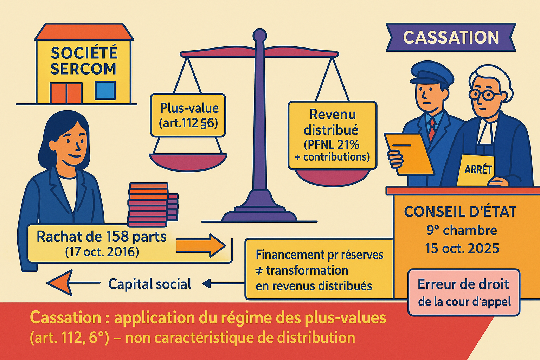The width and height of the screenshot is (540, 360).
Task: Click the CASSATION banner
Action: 451,37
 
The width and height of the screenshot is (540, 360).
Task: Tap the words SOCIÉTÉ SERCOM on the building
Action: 83,61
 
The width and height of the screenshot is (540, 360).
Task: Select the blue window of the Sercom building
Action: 105,90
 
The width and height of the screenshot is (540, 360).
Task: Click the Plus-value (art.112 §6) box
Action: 188,115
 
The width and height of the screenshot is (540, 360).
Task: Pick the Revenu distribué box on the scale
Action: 332,135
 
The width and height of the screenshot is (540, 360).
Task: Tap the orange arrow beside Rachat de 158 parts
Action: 200,245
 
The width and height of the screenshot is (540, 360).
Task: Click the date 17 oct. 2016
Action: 102,252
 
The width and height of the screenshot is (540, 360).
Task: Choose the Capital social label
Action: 150,284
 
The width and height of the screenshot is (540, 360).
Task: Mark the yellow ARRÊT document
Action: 477,170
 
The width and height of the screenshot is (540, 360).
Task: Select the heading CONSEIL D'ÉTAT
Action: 460,212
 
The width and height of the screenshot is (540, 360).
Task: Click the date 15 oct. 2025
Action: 462,248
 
